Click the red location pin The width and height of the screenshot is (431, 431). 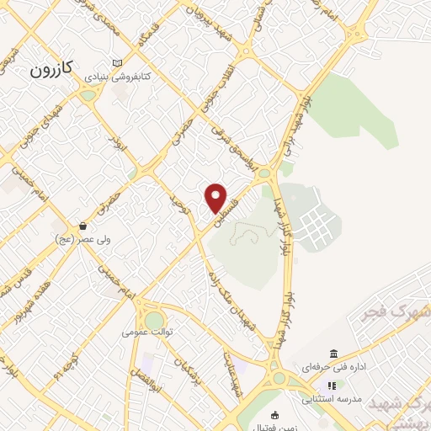[216, 198]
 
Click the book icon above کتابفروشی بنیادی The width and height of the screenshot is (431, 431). [116, 64]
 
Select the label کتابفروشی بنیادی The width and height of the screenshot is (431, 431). [123, 77]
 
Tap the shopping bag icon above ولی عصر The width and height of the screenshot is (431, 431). [83, 226]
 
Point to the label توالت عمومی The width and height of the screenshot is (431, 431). [146, 332]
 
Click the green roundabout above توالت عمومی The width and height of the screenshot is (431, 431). [154, 320]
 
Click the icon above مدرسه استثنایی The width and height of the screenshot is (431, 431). [331, 386]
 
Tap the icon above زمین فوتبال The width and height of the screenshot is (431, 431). [274, 416]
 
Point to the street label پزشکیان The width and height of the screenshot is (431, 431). [182, 368]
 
